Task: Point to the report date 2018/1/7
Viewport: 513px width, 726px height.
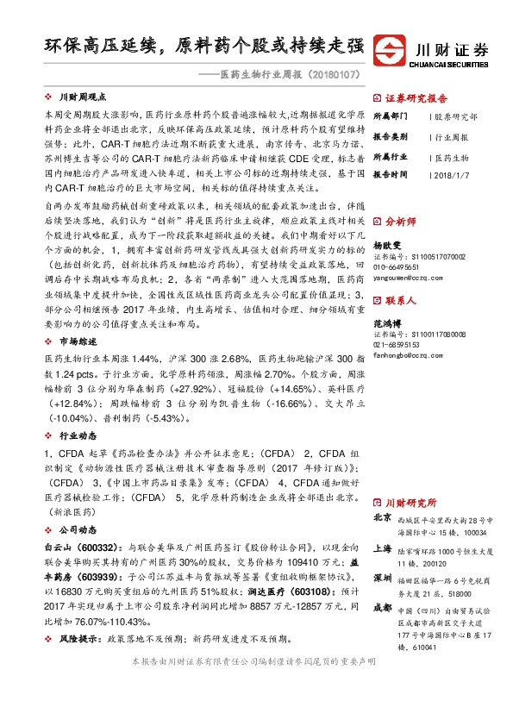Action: [x=449, y=174]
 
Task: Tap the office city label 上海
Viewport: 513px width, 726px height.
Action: [x=382, y=548]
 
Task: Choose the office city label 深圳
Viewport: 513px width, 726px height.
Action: [x=382, y=578]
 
